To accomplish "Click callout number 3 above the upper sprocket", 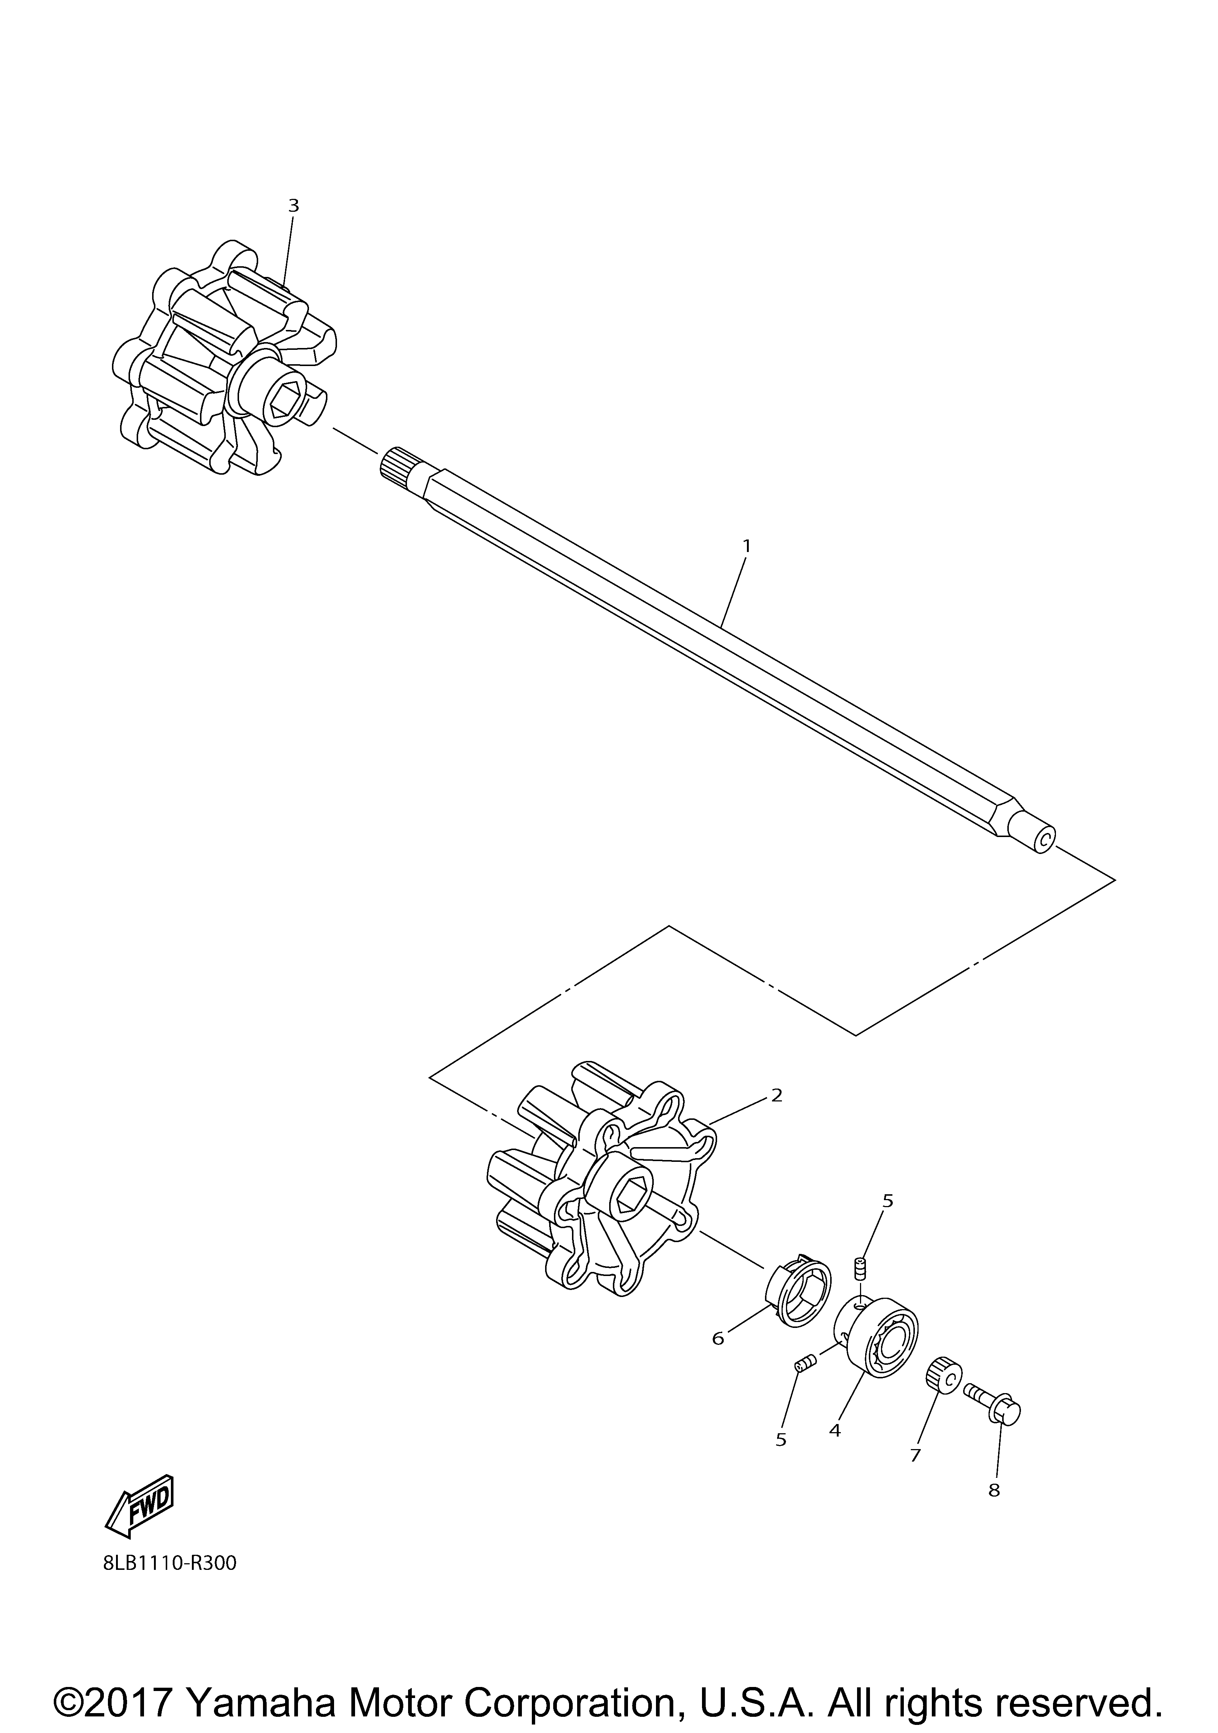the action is coord(294,205).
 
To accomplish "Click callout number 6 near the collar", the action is coord(717,1338).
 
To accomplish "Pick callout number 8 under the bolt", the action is coord(994,1490).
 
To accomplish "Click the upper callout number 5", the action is coord(888,1201).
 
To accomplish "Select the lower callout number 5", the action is coord(781,1440).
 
